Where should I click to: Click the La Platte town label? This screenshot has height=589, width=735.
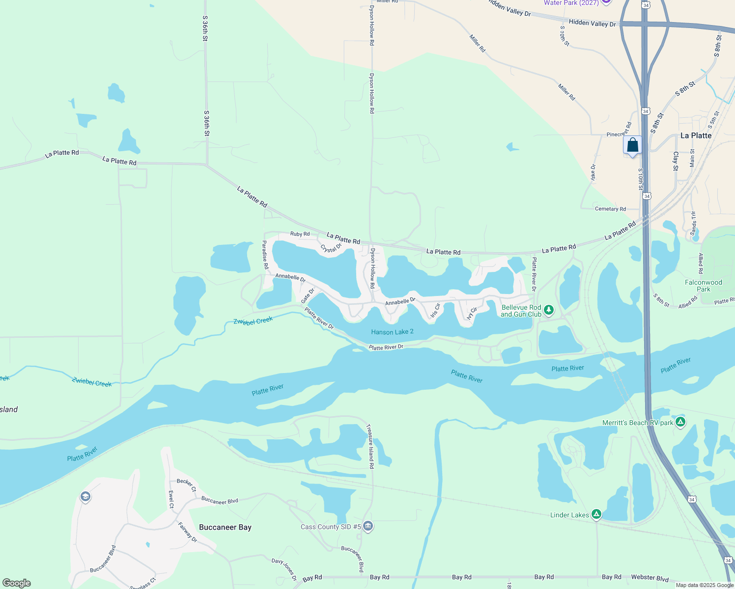(x=696, y=135)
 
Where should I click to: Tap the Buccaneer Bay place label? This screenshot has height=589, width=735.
(x=225, y=527)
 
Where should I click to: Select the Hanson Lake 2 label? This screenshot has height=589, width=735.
(x=392, y=332)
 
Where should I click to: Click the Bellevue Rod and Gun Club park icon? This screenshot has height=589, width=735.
(x=549, y=310)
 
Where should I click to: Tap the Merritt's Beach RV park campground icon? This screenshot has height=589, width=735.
(x=680, y=422)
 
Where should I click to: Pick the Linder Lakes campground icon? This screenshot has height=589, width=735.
(x=596, y=514)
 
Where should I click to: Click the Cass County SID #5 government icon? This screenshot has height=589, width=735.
(x=368, y=527)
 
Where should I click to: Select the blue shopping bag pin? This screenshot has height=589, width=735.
(x=632, y=145)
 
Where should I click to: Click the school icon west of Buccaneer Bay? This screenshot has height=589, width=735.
(x=85, y=497)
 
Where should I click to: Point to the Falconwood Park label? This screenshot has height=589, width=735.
(x=703, y=286)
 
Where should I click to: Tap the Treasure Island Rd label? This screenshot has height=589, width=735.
(x=370, y=446)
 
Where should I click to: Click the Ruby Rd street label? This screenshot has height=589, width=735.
(x=300, y=234)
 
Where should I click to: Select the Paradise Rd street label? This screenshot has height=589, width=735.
(x=265, y=254)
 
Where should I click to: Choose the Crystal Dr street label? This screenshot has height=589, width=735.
(x=331, y=248)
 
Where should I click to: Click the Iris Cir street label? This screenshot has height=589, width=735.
(x=435, y=311)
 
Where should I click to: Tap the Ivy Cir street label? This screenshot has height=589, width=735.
(x=472, y=314)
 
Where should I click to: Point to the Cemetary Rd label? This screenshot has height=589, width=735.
(x=610, y=209)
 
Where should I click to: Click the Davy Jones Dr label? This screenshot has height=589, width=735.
(x=284, y=569)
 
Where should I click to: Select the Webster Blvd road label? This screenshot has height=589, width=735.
(x=650, y=578)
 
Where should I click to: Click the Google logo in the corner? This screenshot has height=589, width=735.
(x=17, y=583)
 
